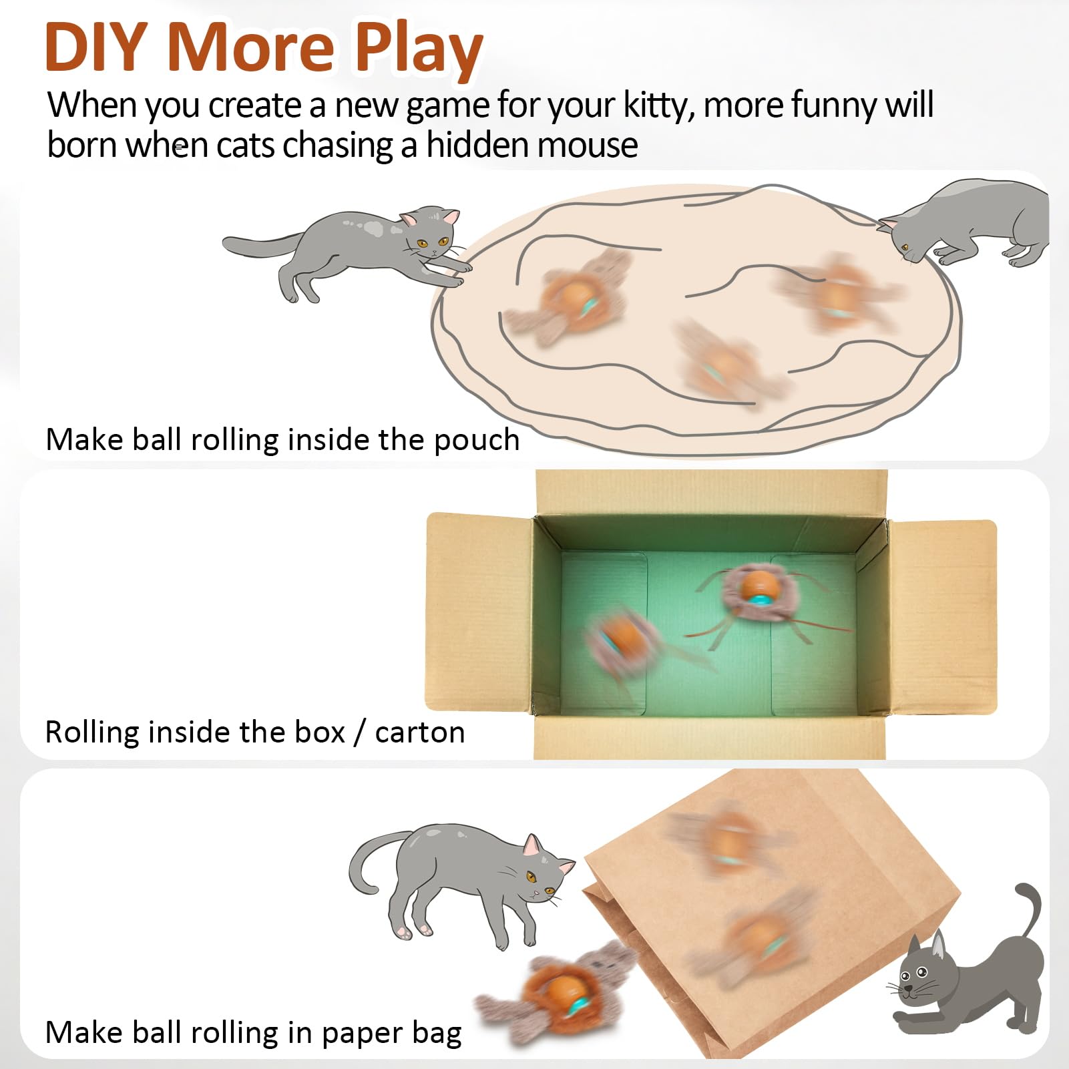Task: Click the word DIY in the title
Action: [x=95, y=47]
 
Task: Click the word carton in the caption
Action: [x=420, y=733]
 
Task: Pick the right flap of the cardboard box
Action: [x=941, y=617]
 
